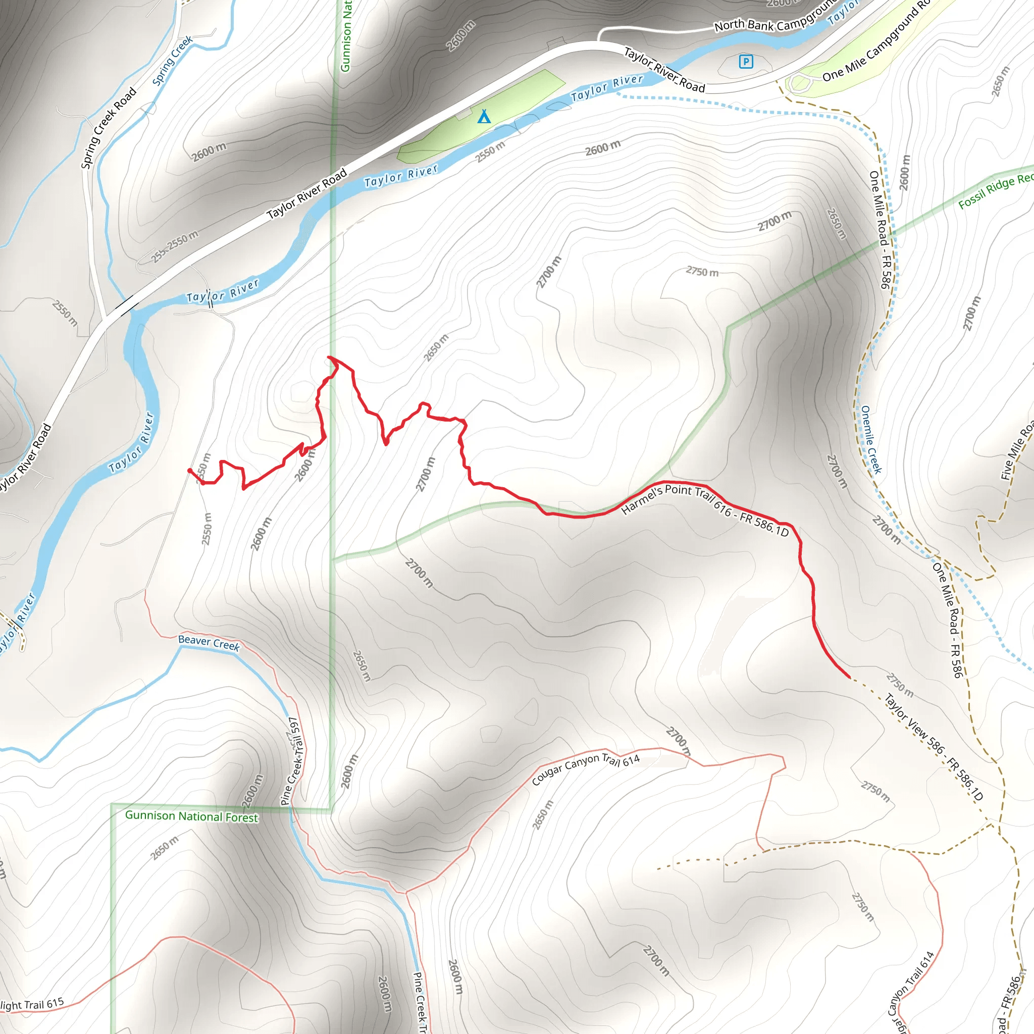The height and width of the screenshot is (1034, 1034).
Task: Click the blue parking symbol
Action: click(x=746, y=62)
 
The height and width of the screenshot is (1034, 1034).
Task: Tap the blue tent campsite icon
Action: click(x=484, y=116)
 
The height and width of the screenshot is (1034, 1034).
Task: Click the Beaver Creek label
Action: click(x=209, y=642)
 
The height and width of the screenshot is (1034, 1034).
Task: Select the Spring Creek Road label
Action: click(x=109, y=128)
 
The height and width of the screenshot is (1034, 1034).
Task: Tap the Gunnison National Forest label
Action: click(x=191, y=816)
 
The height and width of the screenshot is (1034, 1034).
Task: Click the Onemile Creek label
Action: click(x=871, y=439)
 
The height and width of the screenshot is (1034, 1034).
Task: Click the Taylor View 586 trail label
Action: click(x=934, y=747)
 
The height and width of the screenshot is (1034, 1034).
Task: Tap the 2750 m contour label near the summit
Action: click(x=702, y=272)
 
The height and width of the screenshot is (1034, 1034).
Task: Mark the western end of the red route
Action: click(x=189, y=471)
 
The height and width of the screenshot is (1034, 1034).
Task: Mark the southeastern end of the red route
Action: click(x=849, y=678)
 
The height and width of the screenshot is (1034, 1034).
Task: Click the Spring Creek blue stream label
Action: click(x=172, y=61)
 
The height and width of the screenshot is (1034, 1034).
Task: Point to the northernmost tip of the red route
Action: click(x=329, y=357)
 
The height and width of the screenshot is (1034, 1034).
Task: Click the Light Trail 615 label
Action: click(x=32, y=1005)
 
